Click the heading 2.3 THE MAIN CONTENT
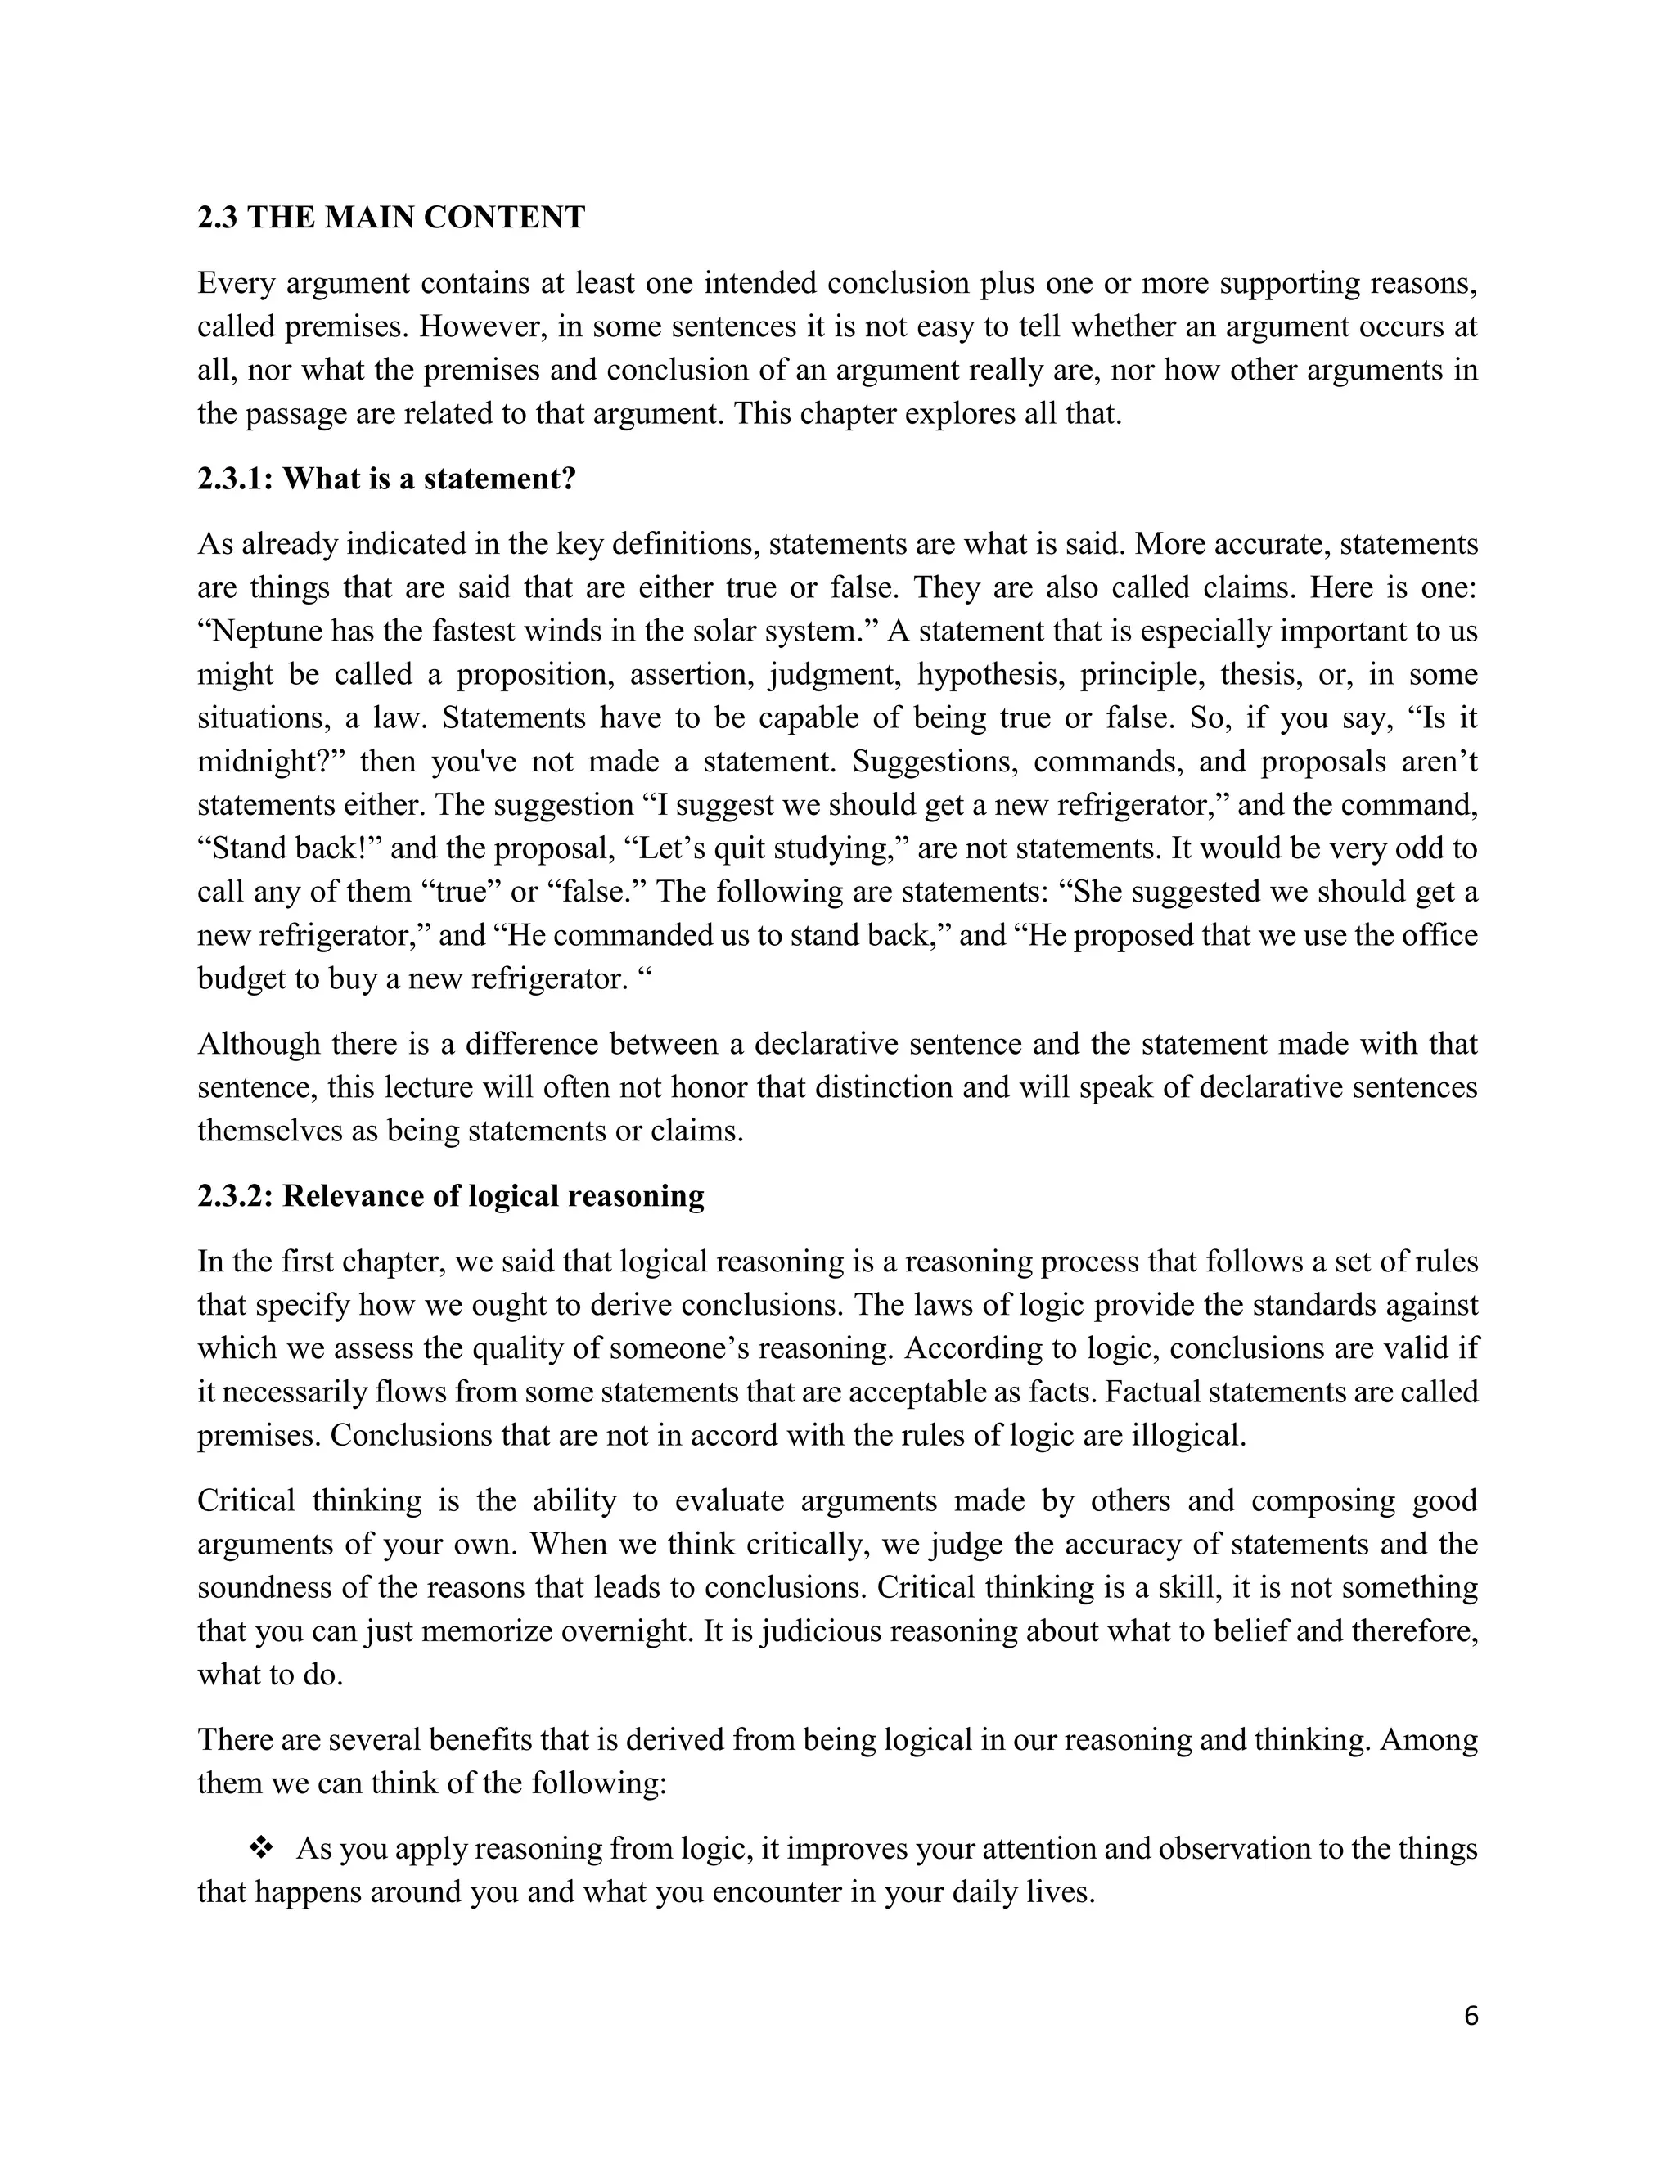[391, 218]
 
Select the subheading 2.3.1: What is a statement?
[386, 479]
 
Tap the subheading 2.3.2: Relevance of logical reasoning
[451, 1196]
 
